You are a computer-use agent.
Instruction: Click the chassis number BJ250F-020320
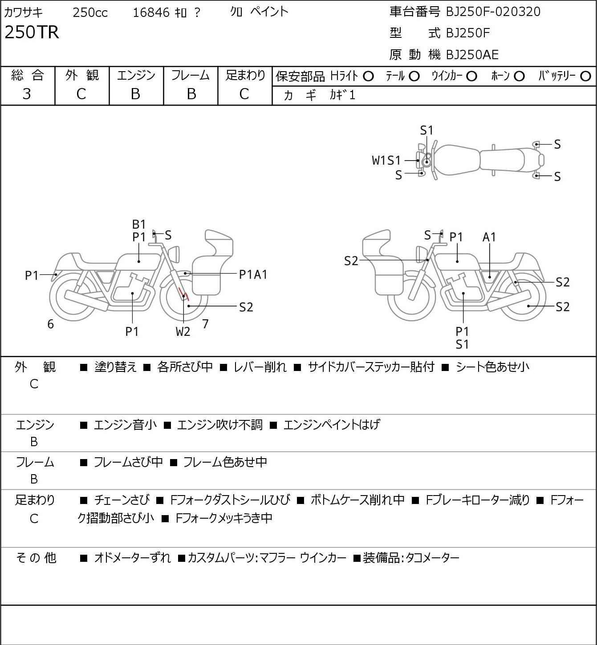pos(493,12)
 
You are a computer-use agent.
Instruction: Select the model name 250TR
pos(32,32)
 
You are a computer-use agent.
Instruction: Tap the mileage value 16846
pos(151,12)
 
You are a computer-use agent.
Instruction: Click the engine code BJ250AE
pos(472,55)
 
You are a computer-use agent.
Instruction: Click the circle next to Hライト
pos(368,77)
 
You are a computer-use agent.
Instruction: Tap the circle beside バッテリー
pos(585,77)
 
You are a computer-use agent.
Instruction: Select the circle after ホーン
pos(519,77)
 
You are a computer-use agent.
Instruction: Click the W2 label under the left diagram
pos(183,331)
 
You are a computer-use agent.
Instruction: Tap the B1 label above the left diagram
pos(139,224)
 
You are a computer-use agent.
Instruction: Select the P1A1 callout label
pos(253,275)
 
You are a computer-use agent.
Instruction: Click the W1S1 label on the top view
pos(386,161)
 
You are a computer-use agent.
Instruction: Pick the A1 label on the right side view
pos(489,237)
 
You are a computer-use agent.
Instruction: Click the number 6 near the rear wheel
pos(50,324)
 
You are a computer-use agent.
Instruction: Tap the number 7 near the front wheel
pos(205,324)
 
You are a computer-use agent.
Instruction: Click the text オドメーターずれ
pos(132,558)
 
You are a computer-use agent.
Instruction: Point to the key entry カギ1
pos(342,95)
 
